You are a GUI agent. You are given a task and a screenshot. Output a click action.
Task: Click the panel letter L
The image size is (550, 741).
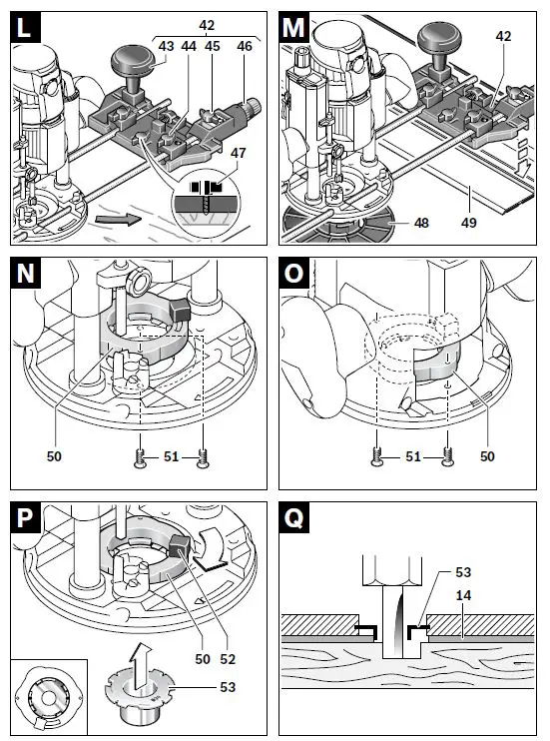(x=24, y=27)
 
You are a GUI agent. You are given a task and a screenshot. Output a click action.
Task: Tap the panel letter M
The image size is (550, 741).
(x=293, y=27)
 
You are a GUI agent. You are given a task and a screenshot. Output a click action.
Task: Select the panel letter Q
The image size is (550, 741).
(x=293, y=517)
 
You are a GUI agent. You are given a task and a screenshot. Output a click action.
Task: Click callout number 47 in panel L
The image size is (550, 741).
(x=239, y=153)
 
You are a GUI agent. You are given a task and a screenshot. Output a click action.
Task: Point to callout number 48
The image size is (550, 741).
(x=421, y=222)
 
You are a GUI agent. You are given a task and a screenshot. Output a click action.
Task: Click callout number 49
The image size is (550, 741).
(x=468, y=222)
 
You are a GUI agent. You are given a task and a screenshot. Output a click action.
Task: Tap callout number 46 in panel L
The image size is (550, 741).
(x=245, y=46)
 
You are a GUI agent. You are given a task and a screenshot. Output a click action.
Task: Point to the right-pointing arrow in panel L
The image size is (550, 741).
(x=118, y=219)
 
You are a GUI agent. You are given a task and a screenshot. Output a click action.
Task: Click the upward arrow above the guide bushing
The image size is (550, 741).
(x=141, y=661)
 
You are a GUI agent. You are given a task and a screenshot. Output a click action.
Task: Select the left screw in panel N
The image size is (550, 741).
(x=140, y=458)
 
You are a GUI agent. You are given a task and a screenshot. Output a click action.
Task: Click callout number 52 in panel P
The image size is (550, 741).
(x=228, y=659)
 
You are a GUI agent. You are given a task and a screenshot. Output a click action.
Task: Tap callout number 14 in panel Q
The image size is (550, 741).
(x=463, y=595)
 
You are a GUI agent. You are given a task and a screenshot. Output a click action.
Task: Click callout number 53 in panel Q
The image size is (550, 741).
(x=463, y=572)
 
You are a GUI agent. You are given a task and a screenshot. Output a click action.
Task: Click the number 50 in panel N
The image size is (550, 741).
(x=54, y=456)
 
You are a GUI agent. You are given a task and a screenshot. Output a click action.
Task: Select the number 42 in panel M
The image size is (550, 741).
(x=504, y=36)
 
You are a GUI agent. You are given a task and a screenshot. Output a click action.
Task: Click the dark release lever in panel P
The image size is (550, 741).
(x=180, y=546)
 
